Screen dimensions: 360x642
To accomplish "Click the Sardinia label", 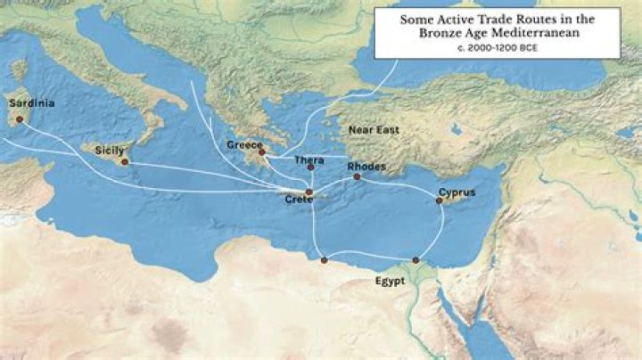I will coord(31,103).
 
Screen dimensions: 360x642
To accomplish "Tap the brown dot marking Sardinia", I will coord(20,119).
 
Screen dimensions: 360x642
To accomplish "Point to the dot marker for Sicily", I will coord(124,162).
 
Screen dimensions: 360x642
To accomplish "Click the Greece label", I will coord(243,144).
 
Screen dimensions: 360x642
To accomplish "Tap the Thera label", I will coord(309,160).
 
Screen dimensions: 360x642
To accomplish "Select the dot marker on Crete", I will coord(309,192).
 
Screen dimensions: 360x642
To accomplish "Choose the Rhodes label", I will coord(366,166).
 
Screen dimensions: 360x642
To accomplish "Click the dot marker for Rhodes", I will coord(357,176).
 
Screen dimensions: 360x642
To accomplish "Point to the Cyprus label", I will coord(457,192).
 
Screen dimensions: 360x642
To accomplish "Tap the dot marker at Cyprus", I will coord(439,200).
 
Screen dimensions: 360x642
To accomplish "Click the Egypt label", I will coord(390,280).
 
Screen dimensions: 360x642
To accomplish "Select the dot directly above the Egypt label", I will coord(415,260).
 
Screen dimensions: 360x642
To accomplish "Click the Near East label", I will coord(374,130).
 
